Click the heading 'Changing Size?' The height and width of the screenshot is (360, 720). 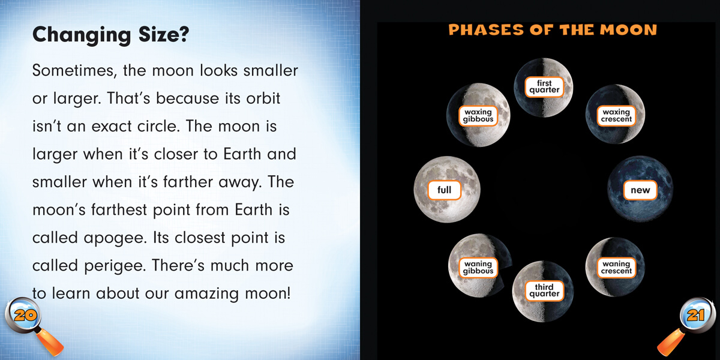click(x=111, y=35)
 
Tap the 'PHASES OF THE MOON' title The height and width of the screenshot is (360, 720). click(x=552, y=29)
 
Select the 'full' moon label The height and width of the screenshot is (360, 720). click(x=445, y=190)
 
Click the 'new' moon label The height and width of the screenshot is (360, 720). click(x=640, y=190)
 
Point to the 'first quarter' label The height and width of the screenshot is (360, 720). click(x=544, y=87)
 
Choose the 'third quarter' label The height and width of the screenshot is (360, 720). click(x=544, y=290)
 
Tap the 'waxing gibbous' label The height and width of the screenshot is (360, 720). click(x=478, y=115)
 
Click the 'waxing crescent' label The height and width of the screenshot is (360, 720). click(x=616, y=115)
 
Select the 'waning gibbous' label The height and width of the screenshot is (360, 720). click(x=478, y=268)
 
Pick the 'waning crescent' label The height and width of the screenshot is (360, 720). click(x=616, y=268)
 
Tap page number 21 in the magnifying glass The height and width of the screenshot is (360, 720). click(x=695, y=314)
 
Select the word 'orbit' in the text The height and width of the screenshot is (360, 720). click(x=262, y=98)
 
